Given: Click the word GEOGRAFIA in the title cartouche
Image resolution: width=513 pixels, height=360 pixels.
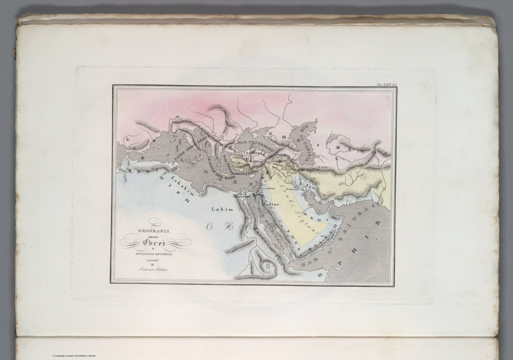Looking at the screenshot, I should click(x=154, y=231).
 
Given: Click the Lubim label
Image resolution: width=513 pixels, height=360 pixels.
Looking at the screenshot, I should click(x=222, y=209).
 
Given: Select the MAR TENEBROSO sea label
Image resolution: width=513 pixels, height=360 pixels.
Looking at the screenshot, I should click(x=256, y=145).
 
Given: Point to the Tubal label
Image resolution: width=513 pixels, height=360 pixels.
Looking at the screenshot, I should click(x=292, y=160).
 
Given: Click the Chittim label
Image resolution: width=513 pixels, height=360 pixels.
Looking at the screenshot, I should click(x=252, y=173).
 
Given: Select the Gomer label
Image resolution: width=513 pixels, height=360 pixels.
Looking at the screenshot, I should click(x=256, y=161).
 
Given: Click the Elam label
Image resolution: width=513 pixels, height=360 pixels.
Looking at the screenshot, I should click(x=310, y=185).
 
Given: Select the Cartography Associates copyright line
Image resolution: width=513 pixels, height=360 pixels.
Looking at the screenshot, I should click(x=74, y=356).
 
